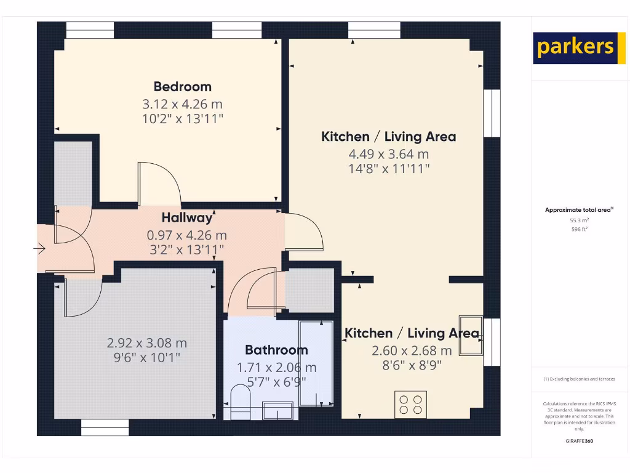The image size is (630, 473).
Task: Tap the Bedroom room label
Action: [182, 87]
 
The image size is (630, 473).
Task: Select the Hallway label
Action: [187, 217]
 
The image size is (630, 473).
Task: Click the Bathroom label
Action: [276, 350]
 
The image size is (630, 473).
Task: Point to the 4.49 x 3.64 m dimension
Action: [388, 154]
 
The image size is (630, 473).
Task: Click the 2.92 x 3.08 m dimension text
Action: [147, 343]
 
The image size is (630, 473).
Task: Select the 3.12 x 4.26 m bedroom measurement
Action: [182, 104]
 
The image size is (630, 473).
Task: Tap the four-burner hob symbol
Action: [411, 404]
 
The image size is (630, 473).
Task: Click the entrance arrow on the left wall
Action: [40, 249]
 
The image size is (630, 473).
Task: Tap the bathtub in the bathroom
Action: [316, 363]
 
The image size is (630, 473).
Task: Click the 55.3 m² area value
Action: [579, 220]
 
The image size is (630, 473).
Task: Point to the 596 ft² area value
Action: [579, 229]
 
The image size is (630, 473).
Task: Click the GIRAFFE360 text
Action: [579, 441]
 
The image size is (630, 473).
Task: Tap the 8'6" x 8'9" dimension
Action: [411, 365]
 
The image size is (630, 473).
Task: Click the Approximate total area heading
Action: [579, 210]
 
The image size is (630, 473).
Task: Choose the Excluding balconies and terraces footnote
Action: [579, 379]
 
